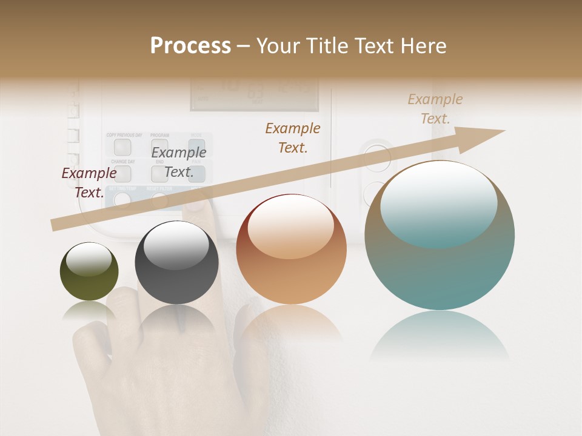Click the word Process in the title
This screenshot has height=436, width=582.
(190, 46)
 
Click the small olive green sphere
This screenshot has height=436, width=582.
(89, 272)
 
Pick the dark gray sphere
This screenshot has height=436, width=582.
(176, 263)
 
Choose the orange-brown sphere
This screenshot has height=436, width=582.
(291, 249)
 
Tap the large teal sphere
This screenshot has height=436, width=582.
(440, 236)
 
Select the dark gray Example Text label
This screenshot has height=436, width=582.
(179, 162)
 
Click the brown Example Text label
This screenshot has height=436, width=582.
(293, 138)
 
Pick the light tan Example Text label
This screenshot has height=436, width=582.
(435, 109)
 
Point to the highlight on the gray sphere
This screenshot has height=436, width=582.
(176, 245)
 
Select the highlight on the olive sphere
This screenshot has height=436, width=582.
(89, 259)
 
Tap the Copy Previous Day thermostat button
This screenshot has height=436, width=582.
(122, 147)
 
